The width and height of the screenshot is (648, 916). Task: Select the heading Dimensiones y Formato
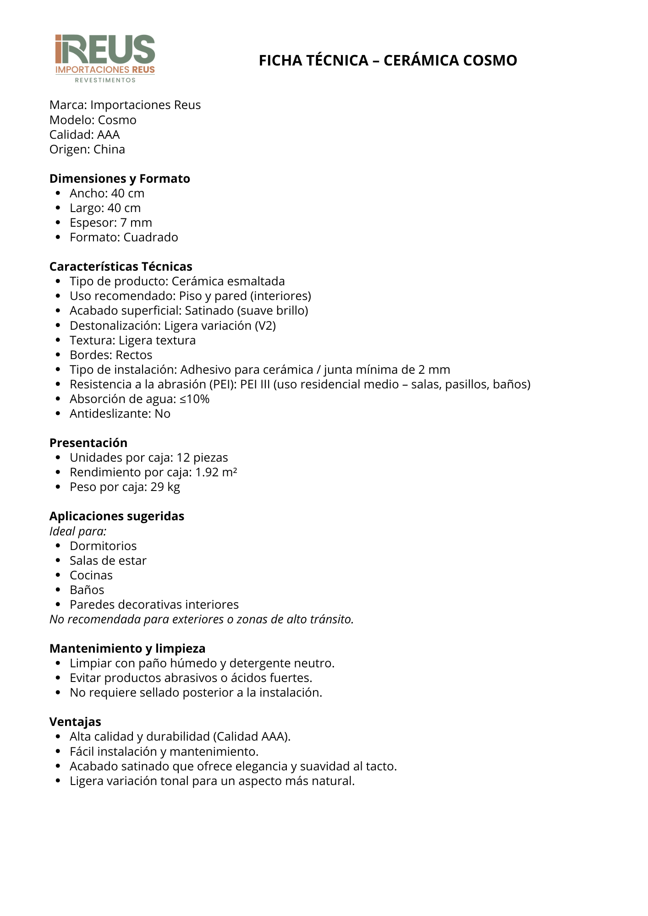[120, 179]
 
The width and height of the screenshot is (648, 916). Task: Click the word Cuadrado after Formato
[151, 238]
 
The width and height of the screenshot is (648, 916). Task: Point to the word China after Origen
[109, 150]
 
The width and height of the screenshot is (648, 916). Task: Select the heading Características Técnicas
[121, 267]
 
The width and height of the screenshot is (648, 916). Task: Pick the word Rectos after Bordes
[134, 355]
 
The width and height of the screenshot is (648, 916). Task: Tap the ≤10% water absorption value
[194, 399]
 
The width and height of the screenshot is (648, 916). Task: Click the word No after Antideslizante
[163, 414]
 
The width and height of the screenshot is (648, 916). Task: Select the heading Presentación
[88, 443]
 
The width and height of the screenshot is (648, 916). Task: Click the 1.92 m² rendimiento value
[216, 472]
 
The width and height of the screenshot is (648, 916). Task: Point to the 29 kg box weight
[165, 487]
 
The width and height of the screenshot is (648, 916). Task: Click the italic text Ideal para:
[78, 531]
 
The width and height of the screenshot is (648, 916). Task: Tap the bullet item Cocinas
[91, 575]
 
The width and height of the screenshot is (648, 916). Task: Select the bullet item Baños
[87, 590]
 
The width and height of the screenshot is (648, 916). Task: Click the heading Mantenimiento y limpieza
[127, 649]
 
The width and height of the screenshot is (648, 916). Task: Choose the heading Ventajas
[75, 722]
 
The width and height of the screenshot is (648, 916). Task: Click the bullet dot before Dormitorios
[58, 546]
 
